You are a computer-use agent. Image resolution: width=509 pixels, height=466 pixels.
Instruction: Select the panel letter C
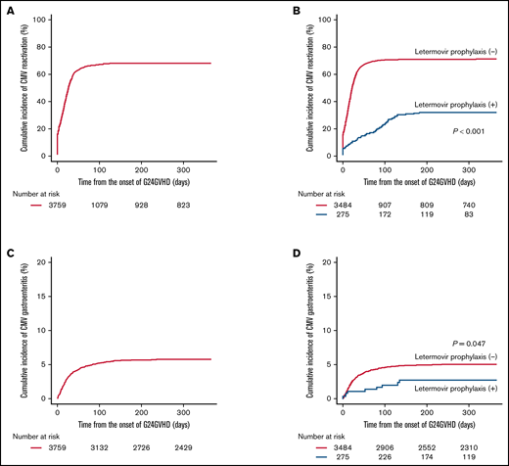pos(11,249)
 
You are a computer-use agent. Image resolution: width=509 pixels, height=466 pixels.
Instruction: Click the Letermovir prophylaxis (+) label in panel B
pos(451,105)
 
